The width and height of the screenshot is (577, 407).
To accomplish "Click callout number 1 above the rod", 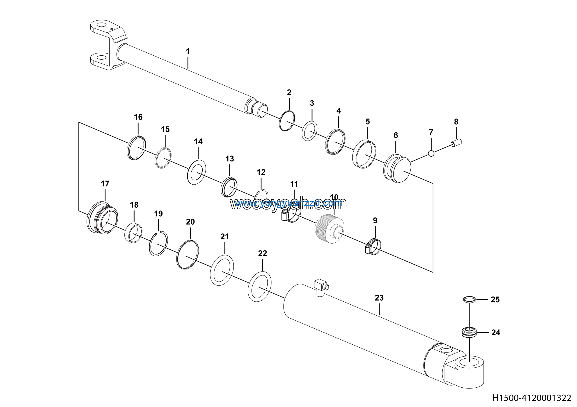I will pos(188,52).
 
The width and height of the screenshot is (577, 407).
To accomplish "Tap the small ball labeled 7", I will pos(431,153).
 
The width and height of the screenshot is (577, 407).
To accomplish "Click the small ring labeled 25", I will pos(469,299).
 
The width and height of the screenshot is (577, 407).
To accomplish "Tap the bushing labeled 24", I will pos(469,333).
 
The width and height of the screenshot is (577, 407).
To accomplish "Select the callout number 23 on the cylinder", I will pos(379,298).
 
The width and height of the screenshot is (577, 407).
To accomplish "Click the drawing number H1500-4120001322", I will pos(531,398).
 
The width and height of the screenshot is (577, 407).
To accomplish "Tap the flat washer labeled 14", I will pos(197,172).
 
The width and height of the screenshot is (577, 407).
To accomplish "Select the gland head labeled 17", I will pos(103,217).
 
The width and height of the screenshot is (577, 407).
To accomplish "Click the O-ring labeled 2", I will pos(287,120).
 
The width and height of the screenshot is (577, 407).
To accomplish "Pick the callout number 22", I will pos(262,253).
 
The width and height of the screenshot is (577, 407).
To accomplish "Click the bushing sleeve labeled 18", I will pos(133,233).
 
